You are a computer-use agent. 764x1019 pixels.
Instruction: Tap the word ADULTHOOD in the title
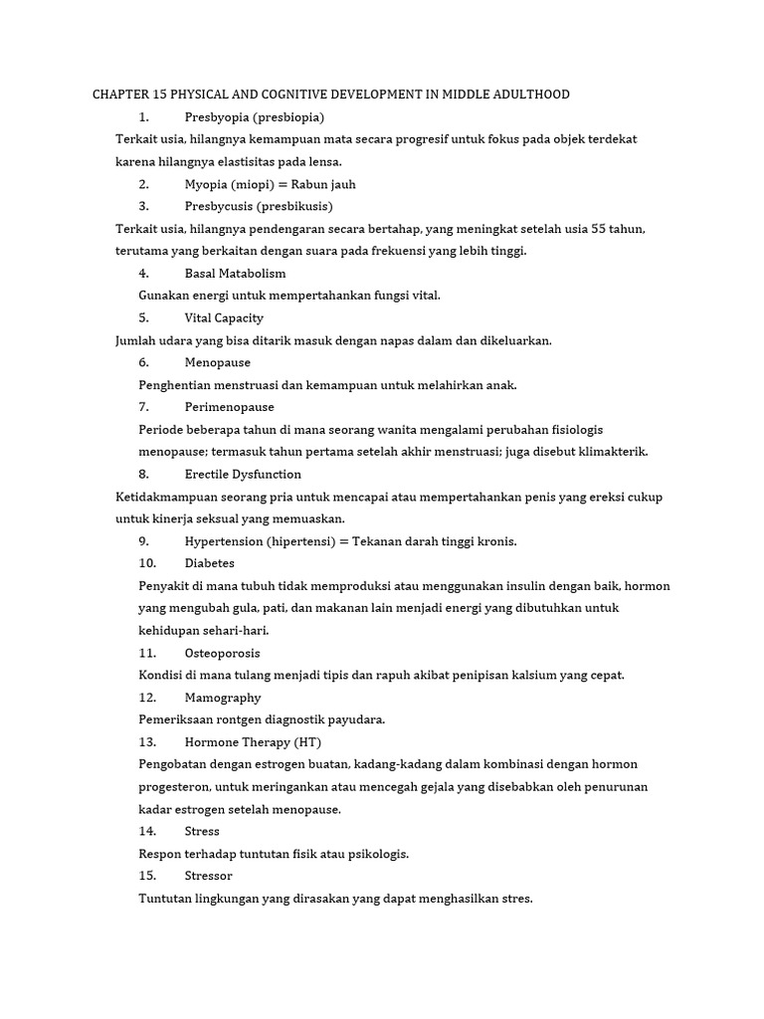pos(529,95)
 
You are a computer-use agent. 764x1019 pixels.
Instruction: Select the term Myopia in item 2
pos(207,184)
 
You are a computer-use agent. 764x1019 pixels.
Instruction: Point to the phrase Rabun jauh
pos(324,184)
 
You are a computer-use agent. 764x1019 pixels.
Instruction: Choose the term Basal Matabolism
pos(235,273)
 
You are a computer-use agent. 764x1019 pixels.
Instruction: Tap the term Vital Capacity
pos(224,317)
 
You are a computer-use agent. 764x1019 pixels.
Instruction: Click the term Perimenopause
pos(229,407)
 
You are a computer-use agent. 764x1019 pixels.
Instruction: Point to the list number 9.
pos(143,541)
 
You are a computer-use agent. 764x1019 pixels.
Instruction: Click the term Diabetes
pos(210,563)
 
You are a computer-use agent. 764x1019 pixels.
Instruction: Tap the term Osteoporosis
pos(223,653)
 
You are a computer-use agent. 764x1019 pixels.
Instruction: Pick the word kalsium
pos(510,676)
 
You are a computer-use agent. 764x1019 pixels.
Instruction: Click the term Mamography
pos(223,698)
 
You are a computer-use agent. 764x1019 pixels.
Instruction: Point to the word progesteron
pos(174,787)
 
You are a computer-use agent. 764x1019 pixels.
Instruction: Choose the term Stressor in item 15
pos(209,876)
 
